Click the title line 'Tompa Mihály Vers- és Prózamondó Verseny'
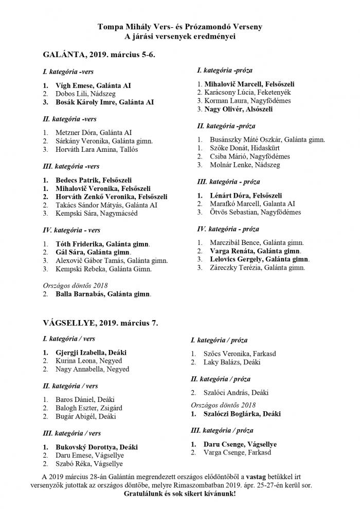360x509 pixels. (180, 27)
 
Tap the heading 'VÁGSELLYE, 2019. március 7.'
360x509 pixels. (100, 323)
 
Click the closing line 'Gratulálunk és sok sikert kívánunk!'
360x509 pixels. (180, 494)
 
